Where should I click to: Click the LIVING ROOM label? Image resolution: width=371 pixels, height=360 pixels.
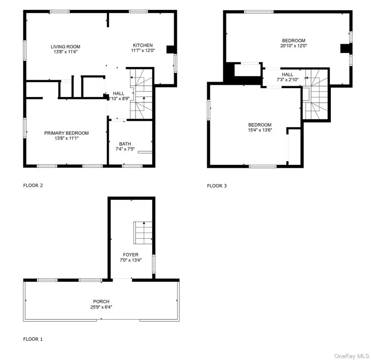coord(65,47)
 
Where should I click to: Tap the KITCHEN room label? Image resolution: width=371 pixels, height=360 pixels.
coord(143,45)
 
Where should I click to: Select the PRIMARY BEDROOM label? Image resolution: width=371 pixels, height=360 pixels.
coord(67,133)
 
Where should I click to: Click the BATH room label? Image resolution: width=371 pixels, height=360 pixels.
coord(125,144)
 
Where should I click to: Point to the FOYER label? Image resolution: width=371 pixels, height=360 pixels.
coord(131,255)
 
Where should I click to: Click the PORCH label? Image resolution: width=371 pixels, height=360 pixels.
coord(101,301)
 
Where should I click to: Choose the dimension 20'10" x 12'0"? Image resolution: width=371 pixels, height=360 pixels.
coord(294,46)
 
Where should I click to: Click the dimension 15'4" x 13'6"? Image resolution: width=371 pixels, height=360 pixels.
coord(260,130)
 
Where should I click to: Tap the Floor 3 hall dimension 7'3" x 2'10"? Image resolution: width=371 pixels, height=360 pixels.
coord(288,80)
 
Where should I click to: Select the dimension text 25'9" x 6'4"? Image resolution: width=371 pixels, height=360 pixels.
coord(101,307)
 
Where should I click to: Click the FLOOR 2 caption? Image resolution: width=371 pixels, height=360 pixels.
coord(33,186)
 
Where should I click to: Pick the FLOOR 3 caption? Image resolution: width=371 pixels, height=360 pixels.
coord(217,186)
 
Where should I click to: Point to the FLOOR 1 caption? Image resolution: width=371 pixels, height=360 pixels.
coord(33,339)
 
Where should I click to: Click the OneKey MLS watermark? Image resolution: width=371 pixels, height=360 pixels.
coord(352,356)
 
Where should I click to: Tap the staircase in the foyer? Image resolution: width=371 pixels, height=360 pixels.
coord(143,233)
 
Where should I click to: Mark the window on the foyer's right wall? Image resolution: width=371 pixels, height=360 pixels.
coord(154,264)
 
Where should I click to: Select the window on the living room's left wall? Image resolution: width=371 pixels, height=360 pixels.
coord(25,51)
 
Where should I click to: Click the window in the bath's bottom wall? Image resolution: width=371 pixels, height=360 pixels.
coord(132,166)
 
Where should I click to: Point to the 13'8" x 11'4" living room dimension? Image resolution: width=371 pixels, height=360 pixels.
coord(66,52)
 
